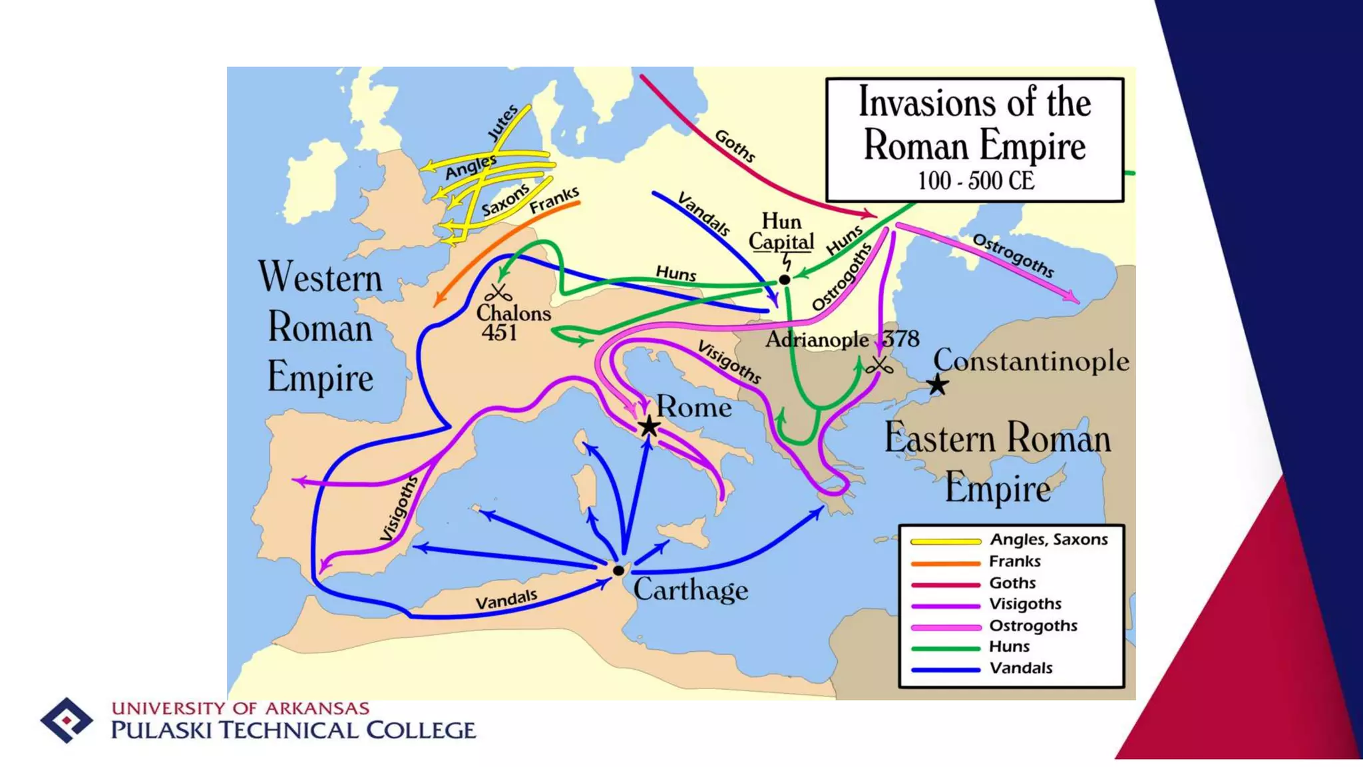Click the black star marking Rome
(x=649, y=426)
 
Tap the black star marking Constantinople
(x=938, y=384)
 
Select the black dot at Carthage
(x=618, y=571)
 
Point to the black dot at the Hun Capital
(x=785, y=280)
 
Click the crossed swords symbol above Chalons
(x=498, y=292)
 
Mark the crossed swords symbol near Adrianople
(x=879, y=366)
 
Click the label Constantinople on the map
(x=1031, y=361)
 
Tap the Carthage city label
(x=690, y=590)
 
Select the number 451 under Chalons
(x=499, y=332)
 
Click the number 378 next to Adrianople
(x=900, y=339)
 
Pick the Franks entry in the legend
(x=1014, y=561)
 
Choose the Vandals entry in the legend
(x=1020, y=668)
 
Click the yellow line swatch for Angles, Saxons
(x=945, y=541)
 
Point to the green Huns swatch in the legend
(x=945, y=648)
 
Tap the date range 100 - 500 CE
(x=976, y=180)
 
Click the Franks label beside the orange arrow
(x=554, y=200)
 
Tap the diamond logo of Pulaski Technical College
(x=66, y=720)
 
